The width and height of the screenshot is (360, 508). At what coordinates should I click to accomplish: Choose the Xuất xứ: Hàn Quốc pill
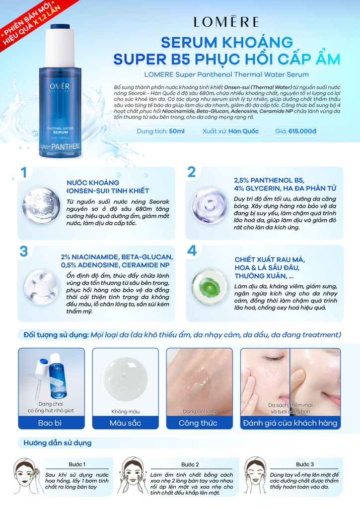pyautogui.click(x=227, y=131)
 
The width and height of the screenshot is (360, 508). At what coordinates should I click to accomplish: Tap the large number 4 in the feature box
pyautogui.click(x=192, y=251)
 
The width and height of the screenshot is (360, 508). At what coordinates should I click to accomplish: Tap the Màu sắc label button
pyautogui.click(x=125, y=423)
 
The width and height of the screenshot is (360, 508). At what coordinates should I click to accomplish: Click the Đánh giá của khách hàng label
pyautogui.click(x=290, y=423)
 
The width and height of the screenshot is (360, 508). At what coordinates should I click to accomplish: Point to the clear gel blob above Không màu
pyautogui.click(x=125, y=380)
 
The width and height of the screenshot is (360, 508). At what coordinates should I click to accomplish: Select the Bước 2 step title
pyautogui.click(x=190, y=464)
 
